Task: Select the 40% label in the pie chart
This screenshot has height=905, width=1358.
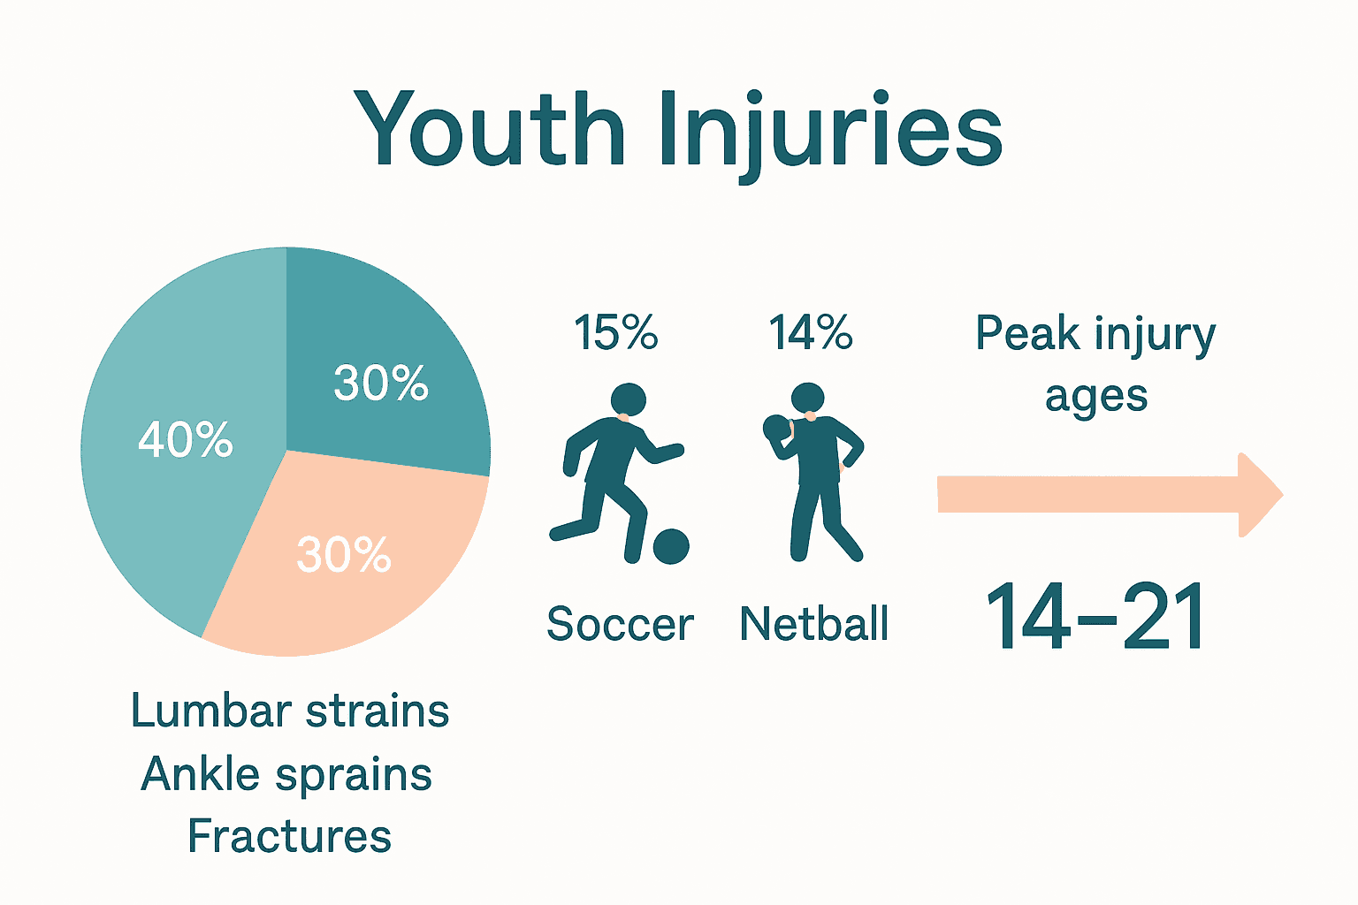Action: point(186,439)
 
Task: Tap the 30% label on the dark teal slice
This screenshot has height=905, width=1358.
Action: point(380,384)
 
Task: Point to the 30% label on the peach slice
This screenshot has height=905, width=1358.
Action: point(344,555)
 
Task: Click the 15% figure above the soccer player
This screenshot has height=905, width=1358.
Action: point(615,333)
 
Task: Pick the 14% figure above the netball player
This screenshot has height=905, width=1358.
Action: point(810,333)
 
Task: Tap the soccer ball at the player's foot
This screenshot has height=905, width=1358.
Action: point(671,546)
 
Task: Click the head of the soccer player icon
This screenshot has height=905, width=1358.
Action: point(628,399)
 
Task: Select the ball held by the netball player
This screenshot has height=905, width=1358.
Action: point(774,428)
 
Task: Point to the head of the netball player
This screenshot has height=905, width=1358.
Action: point(807,399)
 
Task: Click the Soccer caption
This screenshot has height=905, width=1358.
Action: point(620,624)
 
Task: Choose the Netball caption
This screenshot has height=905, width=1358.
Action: point(813,624)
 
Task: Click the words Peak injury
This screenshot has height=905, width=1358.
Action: point(1095,335)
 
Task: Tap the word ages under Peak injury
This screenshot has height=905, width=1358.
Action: point(1096,397)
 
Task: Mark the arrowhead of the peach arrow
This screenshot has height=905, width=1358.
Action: point(1259,495)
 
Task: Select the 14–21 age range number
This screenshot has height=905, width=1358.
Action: point(1095,618)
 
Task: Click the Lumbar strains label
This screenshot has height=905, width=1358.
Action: point(290,711)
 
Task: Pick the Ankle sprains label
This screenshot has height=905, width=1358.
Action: point(286,774)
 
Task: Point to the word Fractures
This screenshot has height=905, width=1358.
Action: point(289,836)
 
